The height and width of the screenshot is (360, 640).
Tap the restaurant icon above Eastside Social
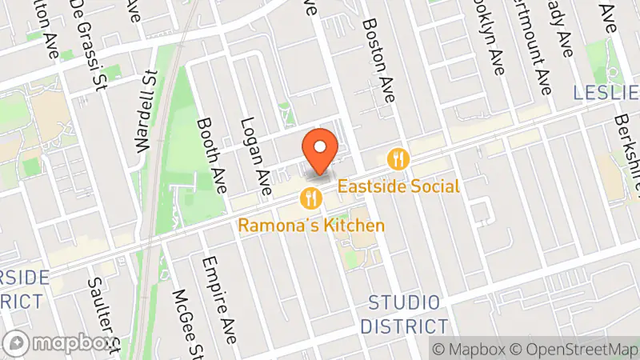pos(398,159)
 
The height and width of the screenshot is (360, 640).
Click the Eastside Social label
pos(398,186)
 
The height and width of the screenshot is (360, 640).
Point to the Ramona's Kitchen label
pos(311,226)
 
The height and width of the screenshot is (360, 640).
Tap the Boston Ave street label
pos(379,60)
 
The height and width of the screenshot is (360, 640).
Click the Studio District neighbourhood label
pos(404,314)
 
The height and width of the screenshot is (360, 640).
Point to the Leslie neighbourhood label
pos(606,93)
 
